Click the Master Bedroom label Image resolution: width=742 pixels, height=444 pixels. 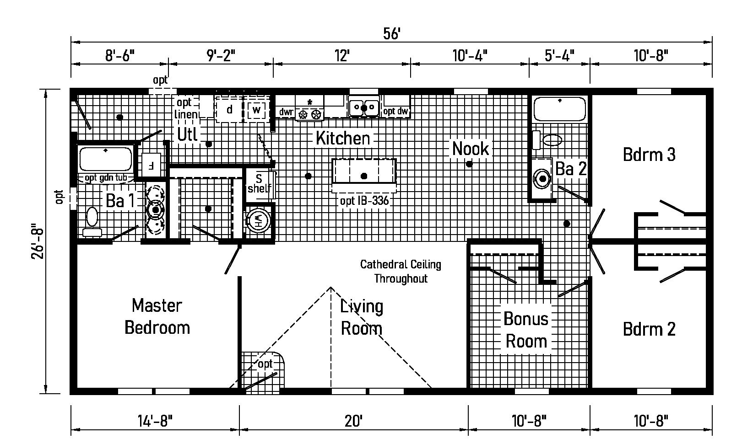click(x=157, y=316)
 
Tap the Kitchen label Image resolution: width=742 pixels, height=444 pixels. click(x=342, y=138)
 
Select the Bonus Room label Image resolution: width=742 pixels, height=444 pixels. click(x=525, y=330)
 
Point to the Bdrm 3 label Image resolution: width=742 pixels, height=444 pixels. click(x=649, y=155)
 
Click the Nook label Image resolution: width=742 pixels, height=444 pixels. click(x=470, y=149)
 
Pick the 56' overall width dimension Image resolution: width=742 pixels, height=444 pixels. click(x=392, y=34)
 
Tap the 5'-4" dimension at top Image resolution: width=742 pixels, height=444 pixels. click(x=559, y=56)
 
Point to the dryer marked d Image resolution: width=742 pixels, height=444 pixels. click(x=230, y=110)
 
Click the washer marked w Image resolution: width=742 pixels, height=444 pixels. click(x=256, y=110)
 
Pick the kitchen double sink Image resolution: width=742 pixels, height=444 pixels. click(x=364, y=108)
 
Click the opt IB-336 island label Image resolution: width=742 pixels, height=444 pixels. click(x=364, y=201)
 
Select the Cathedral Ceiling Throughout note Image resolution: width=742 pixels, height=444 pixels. click(x=401, y=271)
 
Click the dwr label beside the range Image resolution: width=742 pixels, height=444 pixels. click(x=286, y=112)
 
